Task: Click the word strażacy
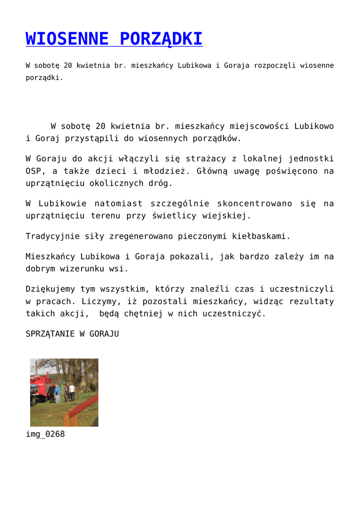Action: [x=205, y=159]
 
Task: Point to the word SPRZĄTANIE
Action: [x=50, y=334]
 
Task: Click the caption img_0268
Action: [x=45, y=435]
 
